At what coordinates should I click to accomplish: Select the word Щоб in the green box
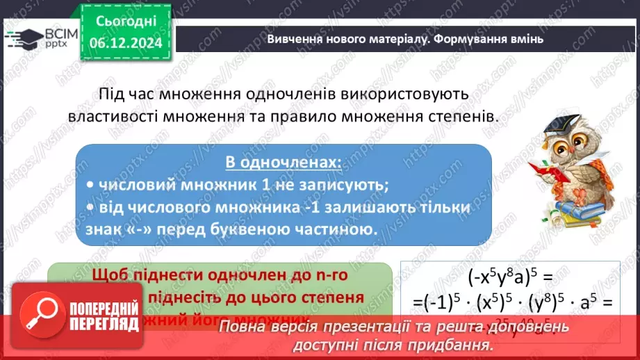tap(112, 274)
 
